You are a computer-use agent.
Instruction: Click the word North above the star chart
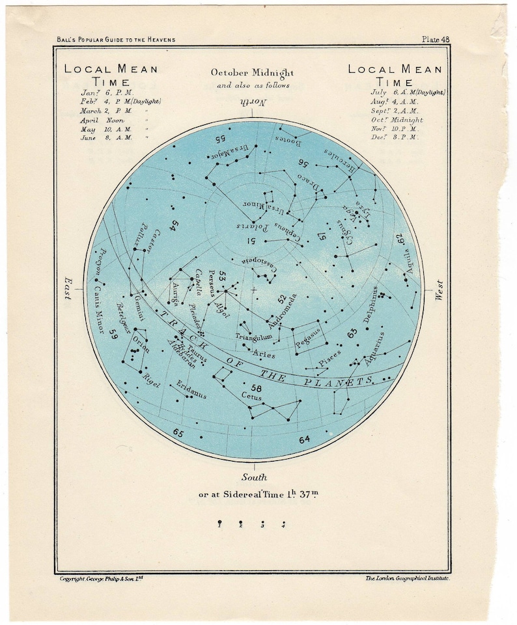[253, 103]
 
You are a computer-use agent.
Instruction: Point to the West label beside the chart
[440, 289]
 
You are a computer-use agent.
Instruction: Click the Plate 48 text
[436, 40]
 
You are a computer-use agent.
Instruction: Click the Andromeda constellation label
[282, 310]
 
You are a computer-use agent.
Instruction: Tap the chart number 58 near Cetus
[257, 388]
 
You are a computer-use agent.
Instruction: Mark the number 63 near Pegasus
[352, 333]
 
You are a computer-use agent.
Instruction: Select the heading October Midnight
[253, 73]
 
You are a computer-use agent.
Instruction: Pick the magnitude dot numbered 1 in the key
[220, 523]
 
